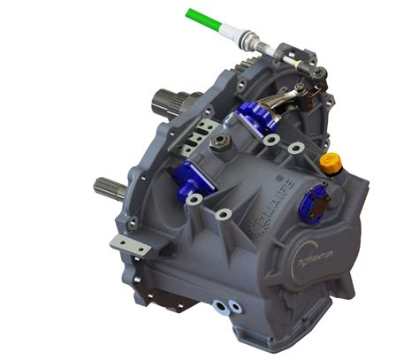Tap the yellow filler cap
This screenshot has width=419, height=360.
pos(331,165)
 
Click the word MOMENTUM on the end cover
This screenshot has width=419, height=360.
pos(311,257)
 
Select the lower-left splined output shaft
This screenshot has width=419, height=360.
pos(108,188)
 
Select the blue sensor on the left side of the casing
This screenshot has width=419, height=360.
pos(194,181)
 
